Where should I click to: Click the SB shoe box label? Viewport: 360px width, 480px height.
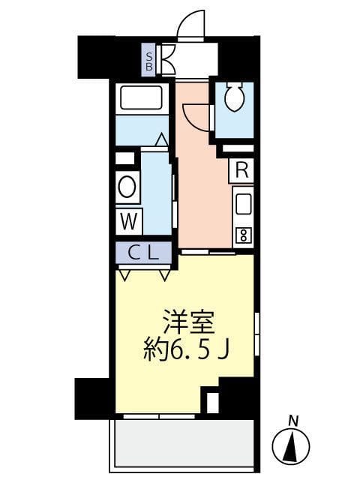pyautogui.click(x=150, y=59)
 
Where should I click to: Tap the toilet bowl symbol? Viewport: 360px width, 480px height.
pyautogui.click(x=234, y=97)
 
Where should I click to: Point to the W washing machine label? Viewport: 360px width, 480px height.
pyautogui.click(x=128, y=221)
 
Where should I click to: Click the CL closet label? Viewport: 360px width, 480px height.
pyautogui.click(x=145, y=253)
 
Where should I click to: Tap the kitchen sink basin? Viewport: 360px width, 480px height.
pyautogui.click(x=243, y=204)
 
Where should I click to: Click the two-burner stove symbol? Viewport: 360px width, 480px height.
pyautogui.click(x=243, y=235)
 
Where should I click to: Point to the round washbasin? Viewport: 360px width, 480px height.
pyautogui.click(x=127, y=187)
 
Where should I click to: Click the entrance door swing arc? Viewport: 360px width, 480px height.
pyautogui.click(x=192, y=22)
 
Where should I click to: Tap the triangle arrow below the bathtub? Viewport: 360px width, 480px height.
pyautogui.click(x=161, y=139)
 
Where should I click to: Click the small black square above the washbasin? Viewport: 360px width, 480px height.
pyautogui.click(x=125, y=158)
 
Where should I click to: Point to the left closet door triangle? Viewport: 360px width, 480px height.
pyautogui.click(x=124, y=274)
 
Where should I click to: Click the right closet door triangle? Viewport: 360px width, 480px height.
pyautogui.click(x=165, y=274)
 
